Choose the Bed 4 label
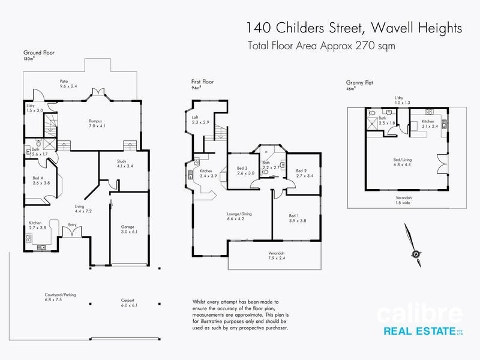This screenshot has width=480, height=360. coord(40,180)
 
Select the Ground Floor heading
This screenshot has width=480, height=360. coord(39,53)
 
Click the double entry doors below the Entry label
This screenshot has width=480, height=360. coord(73,233)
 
